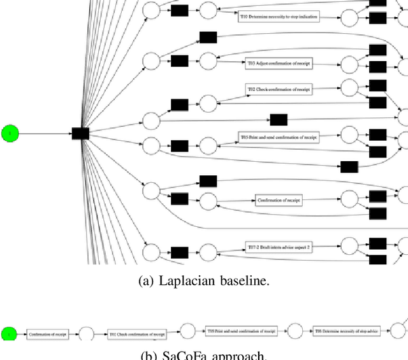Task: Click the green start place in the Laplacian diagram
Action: (10, 133)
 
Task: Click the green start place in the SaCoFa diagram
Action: (9, 334)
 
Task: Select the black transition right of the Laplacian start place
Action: (80, 133)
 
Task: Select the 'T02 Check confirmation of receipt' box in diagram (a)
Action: (279, 90)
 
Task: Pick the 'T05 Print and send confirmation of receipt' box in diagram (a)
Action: (279, 136)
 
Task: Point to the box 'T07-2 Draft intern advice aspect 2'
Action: (279, 247)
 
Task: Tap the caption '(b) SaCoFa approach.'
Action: (203, 356)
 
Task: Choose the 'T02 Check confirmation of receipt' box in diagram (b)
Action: (136, 334)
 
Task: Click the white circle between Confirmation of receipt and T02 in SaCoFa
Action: (86, 334)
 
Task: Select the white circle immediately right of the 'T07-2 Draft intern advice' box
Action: (349, 246)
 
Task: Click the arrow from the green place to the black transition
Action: (45, 133)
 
